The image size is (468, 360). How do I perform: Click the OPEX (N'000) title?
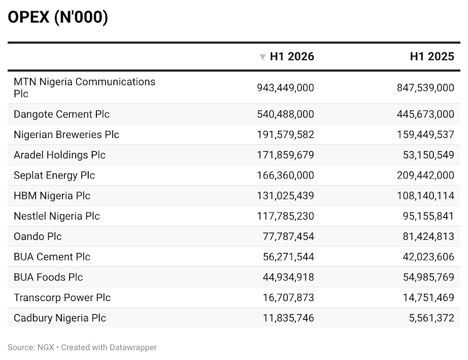click(x=58, y=17)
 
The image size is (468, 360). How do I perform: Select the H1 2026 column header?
click(x=292, y=57)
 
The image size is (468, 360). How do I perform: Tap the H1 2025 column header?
click(x=432, y=57)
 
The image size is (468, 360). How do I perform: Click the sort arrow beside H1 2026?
click(x=263, y=57)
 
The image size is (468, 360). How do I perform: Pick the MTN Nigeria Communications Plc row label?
click(x=85, y=87)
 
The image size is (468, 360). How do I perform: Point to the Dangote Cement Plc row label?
click(x=61, y=114)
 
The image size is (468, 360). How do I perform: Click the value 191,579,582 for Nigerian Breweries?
click(x=285, y=134)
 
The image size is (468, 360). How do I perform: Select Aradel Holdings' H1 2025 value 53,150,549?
click(x=428, y=155)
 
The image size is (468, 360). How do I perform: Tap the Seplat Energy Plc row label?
click(x=54, y=176)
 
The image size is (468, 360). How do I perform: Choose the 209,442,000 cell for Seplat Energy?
click(x=425, y=176)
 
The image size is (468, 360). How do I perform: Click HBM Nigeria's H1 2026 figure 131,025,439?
click(x=285, y=196)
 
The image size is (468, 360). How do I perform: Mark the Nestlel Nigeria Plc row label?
click(x=57, y=216)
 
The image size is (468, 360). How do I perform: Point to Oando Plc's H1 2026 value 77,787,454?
click(x=288, y=236)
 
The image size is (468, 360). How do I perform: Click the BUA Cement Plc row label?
click(x=52, y=257)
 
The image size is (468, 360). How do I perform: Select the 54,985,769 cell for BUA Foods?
click(x=428, y=277)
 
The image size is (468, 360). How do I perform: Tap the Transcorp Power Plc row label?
click(x=62, y=298)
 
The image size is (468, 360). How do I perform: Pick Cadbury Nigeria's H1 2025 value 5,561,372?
click(x=431, y=318)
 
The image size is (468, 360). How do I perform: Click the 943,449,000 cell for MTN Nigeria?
click(x=285, y=87)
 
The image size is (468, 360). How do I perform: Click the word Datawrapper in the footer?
click(x=133, y=348)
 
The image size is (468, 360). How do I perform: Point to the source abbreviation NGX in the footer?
click(x=46, y=348)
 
